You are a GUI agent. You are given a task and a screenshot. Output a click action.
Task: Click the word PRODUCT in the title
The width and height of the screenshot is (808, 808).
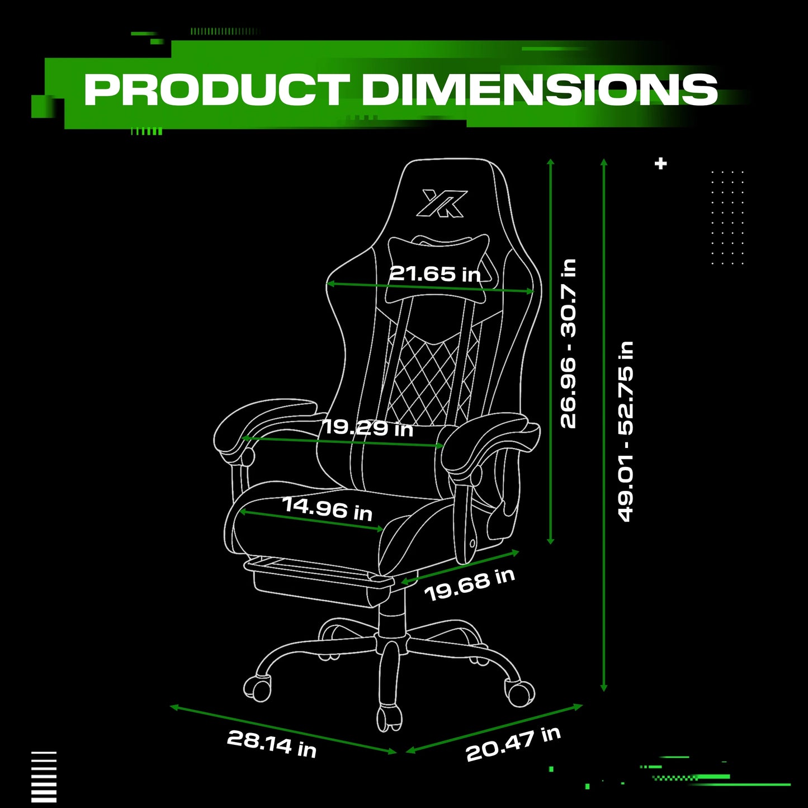(217, 89)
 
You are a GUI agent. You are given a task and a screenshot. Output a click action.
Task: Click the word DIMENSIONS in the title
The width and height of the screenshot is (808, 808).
(540, 89)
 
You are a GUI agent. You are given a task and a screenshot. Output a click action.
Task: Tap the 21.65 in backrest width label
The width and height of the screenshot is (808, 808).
(435, 274)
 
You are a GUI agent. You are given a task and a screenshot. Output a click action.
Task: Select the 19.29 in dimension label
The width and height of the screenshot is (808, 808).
(368, 428)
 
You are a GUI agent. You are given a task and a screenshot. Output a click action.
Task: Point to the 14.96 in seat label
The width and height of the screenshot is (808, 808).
(327, 509)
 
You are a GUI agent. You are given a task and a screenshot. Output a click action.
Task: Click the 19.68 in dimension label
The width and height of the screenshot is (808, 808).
(469, 585)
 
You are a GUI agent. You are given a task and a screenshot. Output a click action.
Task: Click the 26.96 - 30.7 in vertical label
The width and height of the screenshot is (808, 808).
(569, 343)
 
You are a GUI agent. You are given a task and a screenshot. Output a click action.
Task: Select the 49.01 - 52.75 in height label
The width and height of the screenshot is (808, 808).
(626, 432)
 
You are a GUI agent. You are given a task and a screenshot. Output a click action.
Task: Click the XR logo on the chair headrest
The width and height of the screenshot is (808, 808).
(442, 204)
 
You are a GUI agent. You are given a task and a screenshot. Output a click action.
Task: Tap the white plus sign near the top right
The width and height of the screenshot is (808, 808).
(661, 163)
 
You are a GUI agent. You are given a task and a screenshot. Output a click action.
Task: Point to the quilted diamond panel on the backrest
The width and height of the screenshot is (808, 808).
(433, 377)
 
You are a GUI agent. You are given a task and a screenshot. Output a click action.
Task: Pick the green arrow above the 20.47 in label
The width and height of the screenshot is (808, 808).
(495, 729)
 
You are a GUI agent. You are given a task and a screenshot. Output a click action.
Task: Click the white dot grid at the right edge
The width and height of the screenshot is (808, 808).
(727, 218)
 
